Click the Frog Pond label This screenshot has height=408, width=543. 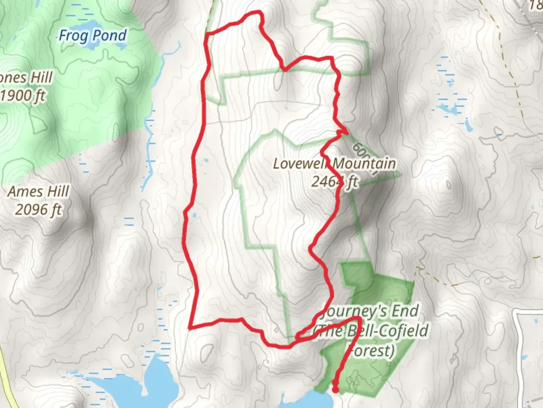(92, 36)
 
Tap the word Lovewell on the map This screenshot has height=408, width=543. (301, 164)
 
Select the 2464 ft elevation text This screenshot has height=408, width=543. (334, 182)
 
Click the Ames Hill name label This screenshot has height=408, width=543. (38, 192)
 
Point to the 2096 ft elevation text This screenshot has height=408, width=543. (38, 209)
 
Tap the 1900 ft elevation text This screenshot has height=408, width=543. (23, 96)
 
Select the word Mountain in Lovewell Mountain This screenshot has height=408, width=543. (364, 164)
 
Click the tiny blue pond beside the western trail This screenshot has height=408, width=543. (195, 216)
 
